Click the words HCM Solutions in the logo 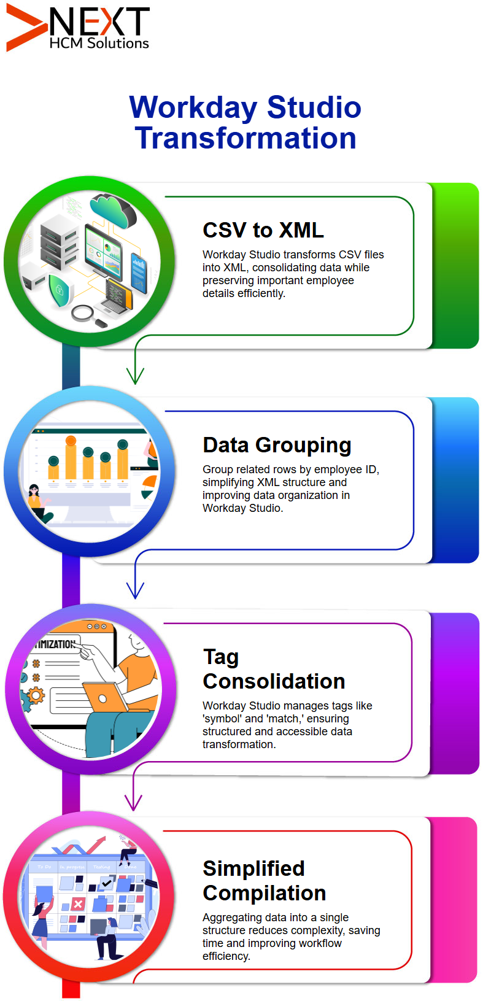click(x=99, y=43)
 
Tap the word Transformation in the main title click(x=245, y=137)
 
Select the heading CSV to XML click(x=263, y=230)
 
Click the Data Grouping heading click(x=277, y=445)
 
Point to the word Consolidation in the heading click(x=274, y=681)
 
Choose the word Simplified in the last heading click(x=253, y=869)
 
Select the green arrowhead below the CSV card click(x=135, y=376)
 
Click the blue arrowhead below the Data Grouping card click(x=135, y=590)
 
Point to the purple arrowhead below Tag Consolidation click(x=133, y=802)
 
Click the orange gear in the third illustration click(x=36, y=695)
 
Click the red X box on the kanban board click(x=78, y=904)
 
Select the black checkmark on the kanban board click(x=107, y=883)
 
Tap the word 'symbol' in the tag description click(x=222, y=719)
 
